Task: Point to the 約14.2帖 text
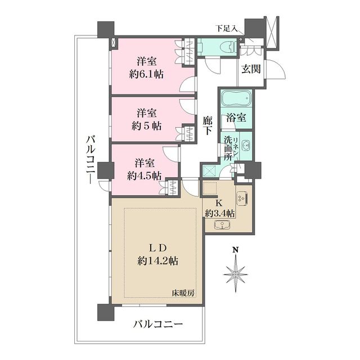point(159,260)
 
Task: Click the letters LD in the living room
point(158,247)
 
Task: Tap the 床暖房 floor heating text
point(183,292)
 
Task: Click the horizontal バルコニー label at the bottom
point(158,325)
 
